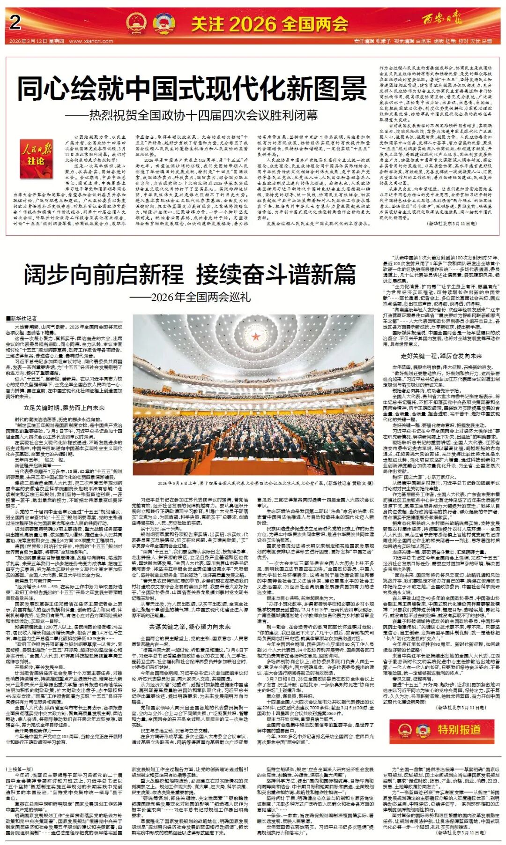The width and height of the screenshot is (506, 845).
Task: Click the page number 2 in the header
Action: pos(15,22)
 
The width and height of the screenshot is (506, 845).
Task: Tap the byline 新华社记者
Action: pos(23,319)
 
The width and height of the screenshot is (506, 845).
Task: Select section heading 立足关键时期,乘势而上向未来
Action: pos(64,408)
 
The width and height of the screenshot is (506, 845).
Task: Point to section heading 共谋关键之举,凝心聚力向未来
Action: pos(190,627)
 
